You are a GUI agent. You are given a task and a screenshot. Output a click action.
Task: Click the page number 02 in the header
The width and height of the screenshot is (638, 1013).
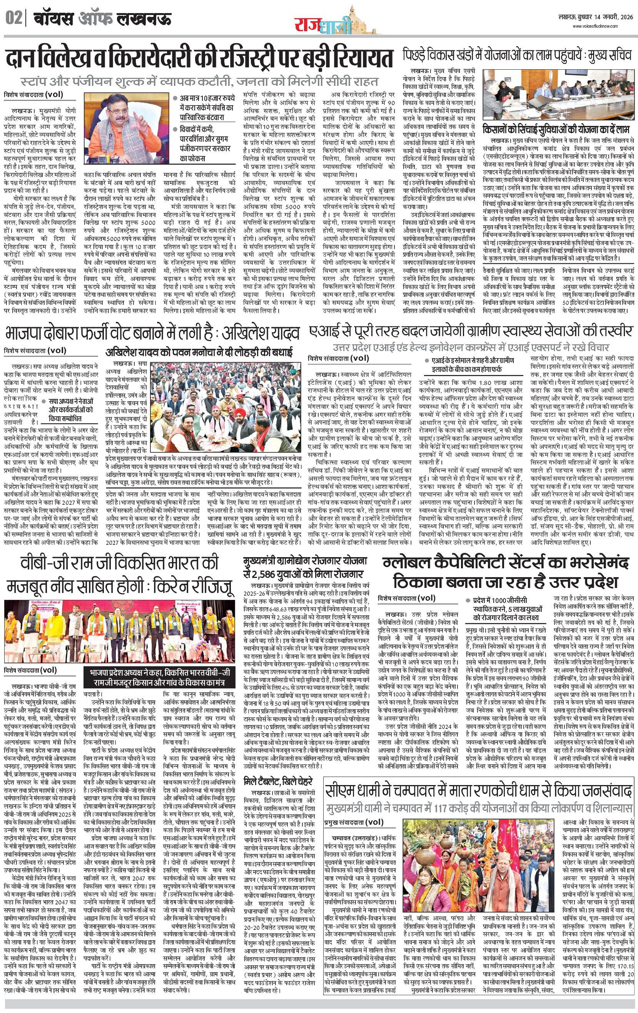click(x=14, y=19)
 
